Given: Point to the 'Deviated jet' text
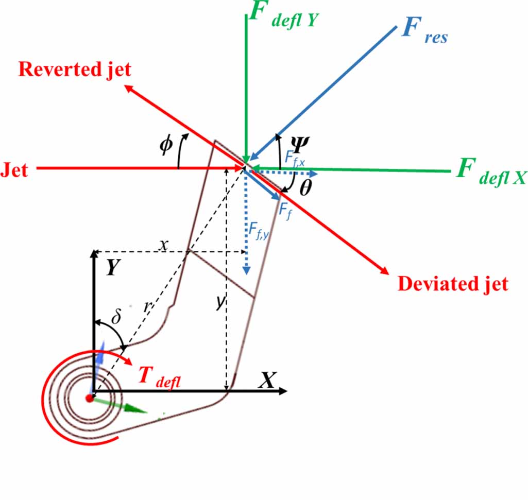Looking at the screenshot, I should [x=453, y=284].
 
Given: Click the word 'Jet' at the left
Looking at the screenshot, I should [x=15, y=169].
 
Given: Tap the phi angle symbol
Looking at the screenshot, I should [x=165, y=146].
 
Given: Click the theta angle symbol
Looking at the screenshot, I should [x=305, y=188].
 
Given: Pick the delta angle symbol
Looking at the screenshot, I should [x=116, y=316].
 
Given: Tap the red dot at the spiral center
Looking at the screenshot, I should [x=90, y=398].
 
